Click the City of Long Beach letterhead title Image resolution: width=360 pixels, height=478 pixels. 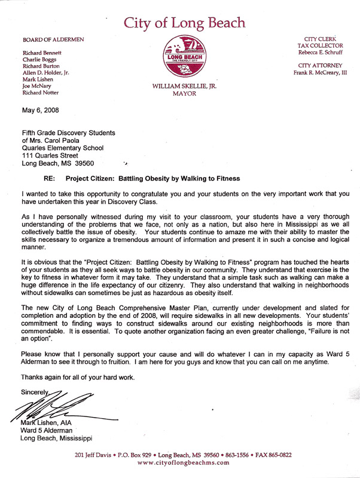point(184,23)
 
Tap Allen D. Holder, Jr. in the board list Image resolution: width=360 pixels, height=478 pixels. point(47,72)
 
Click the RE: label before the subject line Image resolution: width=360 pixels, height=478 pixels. point(50,178)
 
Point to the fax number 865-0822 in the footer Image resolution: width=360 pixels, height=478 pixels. point(277,455)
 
